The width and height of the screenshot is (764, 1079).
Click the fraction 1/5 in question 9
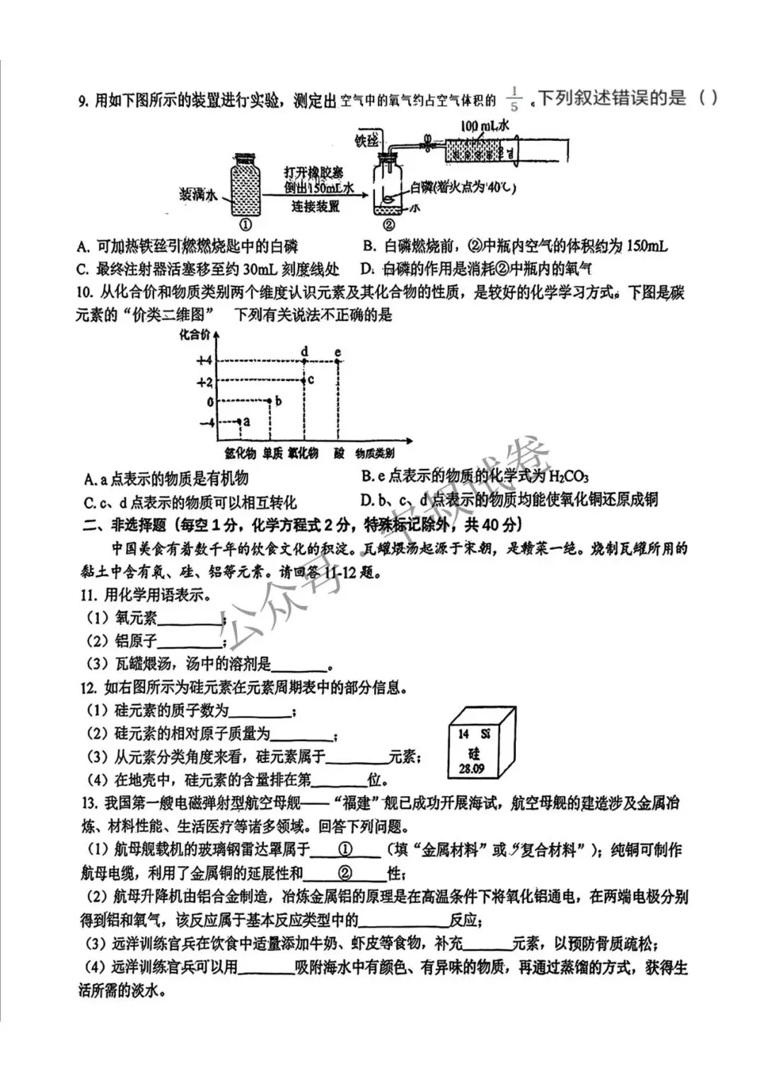tap(514, 99)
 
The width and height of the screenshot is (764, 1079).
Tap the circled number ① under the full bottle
tap(245, 226)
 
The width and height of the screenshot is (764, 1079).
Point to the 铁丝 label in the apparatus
tap(367, 141)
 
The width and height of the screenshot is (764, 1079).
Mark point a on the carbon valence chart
tap(239, 422)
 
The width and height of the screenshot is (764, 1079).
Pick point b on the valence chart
tap(272, 402)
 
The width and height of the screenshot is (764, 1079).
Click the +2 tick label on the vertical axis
tap(204, 382)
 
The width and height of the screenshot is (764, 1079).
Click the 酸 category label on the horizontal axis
tap(340, 454)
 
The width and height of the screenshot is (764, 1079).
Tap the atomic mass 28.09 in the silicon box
tap(471, 769)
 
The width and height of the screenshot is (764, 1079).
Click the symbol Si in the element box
tap(486, 734)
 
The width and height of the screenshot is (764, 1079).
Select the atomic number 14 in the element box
tap(463, 734)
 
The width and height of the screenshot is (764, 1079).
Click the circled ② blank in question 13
tap(347, 873)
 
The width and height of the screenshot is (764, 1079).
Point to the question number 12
tap(89, 687)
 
